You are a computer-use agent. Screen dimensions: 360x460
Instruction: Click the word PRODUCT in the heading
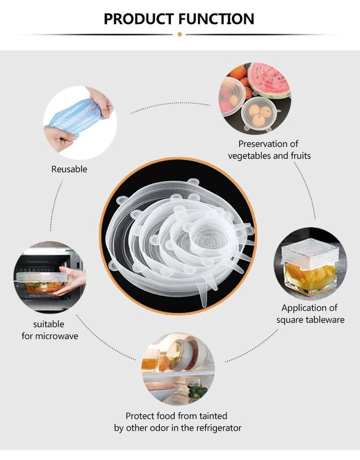[139, 19]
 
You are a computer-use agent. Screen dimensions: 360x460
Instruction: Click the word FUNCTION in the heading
[216, 19]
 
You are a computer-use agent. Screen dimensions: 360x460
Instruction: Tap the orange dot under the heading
[180, 34]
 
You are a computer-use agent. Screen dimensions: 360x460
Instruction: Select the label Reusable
[69, 169]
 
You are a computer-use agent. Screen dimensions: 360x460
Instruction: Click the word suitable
[49, 324]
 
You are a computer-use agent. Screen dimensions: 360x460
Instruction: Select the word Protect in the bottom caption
[140, 416]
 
